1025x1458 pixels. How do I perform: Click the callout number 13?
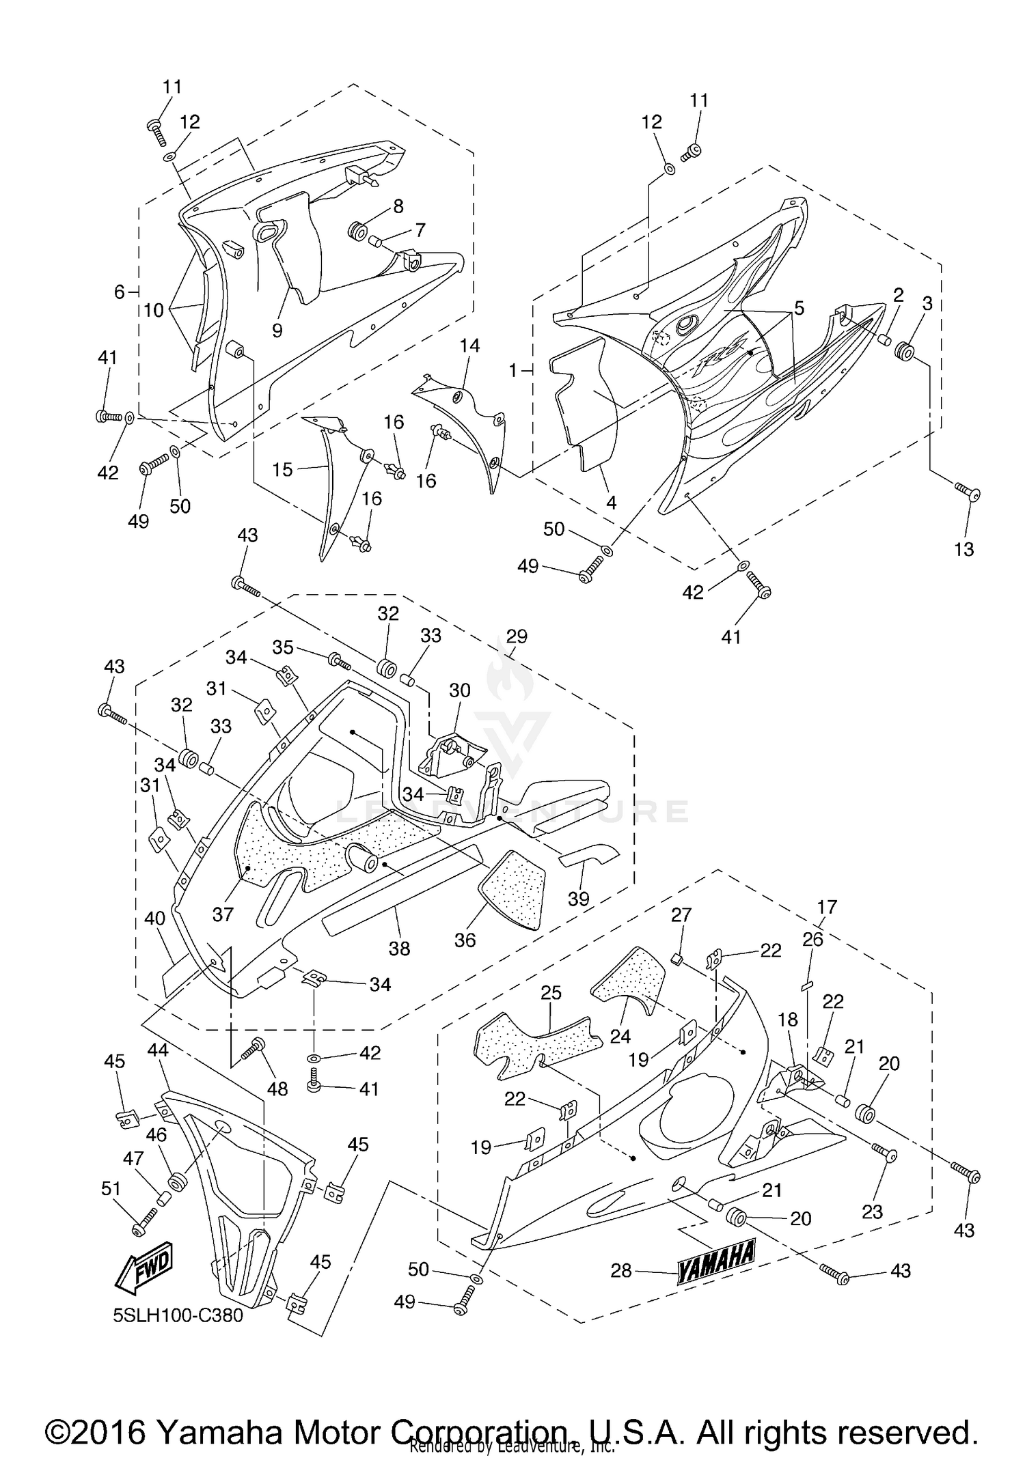pos(963,549)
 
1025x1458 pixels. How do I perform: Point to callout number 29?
pos(517,636)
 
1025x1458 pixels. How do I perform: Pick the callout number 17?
pos(826,907)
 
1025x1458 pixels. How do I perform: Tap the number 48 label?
pos(277,1089)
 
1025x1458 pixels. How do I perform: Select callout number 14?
pos(469,346)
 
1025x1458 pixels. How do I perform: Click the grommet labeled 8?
pos(357,231)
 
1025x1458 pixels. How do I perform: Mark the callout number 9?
pos(277,330)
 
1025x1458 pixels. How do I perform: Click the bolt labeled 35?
pos(339,660)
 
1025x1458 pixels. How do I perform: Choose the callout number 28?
pos(621,1271)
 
